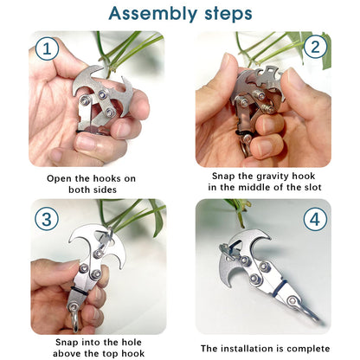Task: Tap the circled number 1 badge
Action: click(x=48, y=49)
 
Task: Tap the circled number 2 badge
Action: click(x=312, y=48)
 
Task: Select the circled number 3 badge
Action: click(x=48, y=217)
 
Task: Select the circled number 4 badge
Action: click(x=312, y=218)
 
